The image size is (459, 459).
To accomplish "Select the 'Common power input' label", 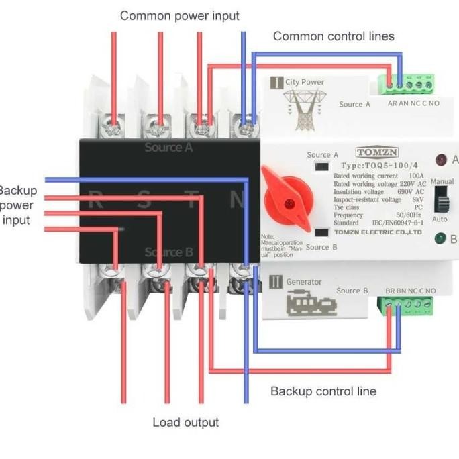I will (x=179, y=15).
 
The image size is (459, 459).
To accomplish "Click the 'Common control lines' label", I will (x=334, y=36).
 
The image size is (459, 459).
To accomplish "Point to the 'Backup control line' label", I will (x=323, y=391).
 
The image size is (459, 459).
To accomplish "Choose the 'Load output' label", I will (x=186, y=422).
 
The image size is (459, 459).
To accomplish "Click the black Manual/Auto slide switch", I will (x=440, y=200).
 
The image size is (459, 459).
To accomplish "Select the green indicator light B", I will (x=441, y=238).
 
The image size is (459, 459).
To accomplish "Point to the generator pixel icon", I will (x=308, y=304).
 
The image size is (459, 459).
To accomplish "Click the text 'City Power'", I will (x=305, y=82).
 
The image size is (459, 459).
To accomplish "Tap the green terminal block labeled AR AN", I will (x=405, y=84).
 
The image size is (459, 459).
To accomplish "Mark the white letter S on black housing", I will (x=143, y=199).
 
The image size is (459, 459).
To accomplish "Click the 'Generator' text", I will (x=304, y=282).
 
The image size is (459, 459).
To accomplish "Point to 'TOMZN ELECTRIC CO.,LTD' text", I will (x=387, y=232).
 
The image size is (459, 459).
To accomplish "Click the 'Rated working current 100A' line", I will (x=378, y=176).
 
